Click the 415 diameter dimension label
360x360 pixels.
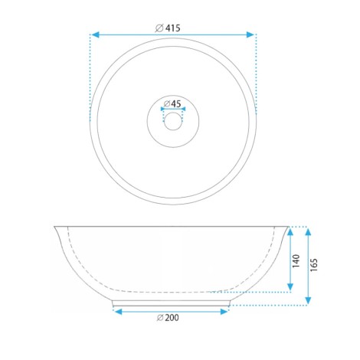click(168, 28)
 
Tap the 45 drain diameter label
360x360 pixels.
click(172, 103)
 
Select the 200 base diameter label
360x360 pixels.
click(168, 318)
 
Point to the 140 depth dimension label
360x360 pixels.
click(296, 260)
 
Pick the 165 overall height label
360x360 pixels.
click(314, 265)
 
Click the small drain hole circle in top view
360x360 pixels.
click(173, 121)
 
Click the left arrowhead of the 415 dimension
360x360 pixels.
click(95, 34)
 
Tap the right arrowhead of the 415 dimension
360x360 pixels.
click(250, 34)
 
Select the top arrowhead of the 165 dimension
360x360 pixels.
click(308, 232)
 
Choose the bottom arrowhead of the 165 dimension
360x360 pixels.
click(308, 300)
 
